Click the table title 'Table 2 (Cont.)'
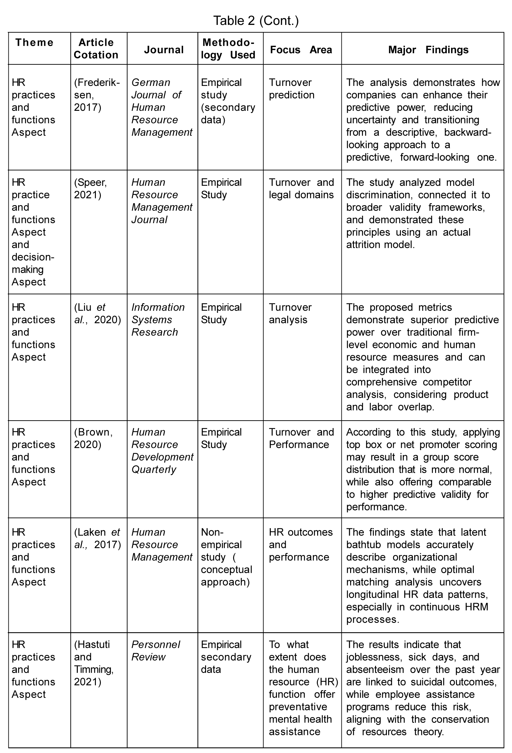click(256, 21)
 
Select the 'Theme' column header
click(34, 42)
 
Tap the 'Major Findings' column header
click(428, 49)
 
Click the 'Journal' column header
click(164, 49)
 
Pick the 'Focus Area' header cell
click(301, 49)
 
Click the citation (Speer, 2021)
click(90, 189)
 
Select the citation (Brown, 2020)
click(93, 438)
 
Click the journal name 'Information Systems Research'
click(158, 319)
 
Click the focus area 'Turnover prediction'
click(291, 88)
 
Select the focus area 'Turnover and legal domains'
click(301, 189)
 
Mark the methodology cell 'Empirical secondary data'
click(226, 657)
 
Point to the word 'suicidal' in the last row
click(429, 682)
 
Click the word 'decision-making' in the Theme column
click(32, 263)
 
